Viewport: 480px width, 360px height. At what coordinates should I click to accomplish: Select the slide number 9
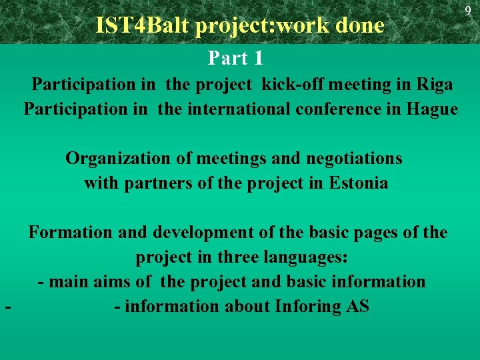tap(468, 11)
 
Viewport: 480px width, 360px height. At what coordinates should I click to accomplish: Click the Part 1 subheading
tap(235, 59)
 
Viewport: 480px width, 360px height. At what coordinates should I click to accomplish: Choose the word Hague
tap(432, 109)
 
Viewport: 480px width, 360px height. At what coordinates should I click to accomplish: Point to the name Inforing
tap(307, 307)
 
